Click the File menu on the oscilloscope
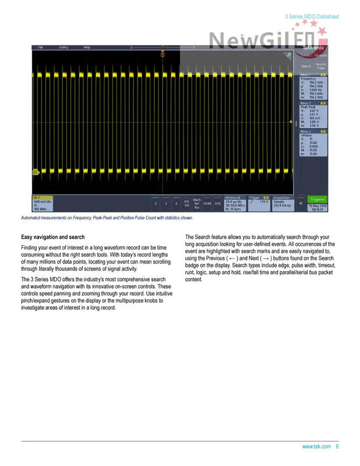click(x=40, y=47)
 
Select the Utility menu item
click(x=63, y=47)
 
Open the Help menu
click(x=87, y=47)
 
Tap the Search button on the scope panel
click(x=306, y=66)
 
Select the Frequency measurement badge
click(x=313, y=87)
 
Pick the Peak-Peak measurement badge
click(x=313, y=115)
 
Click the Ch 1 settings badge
click(x=43, y=203)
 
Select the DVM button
click(x=207, y=203)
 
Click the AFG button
click(x=217, y=203)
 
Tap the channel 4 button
click(x=176, y=204)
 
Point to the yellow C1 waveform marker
click(x=35, y=172)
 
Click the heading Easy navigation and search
click(x=53, y=237)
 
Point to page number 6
click(x=337, y=447)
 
